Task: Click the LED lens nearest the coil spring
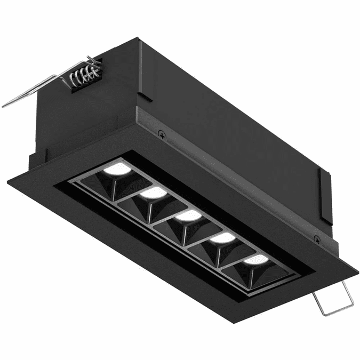118,170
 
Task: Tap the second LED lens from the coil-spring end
154,192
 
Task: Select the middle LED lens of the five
188,215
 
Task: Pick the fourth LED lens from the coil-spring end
222,238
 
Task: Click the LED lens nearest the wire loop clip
256,260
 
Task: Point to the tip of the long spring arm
4,105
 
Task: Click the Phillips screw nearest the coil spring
162,135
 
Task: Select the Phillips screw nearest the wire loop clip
317,239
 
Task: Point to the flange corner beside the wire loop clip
356,265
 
